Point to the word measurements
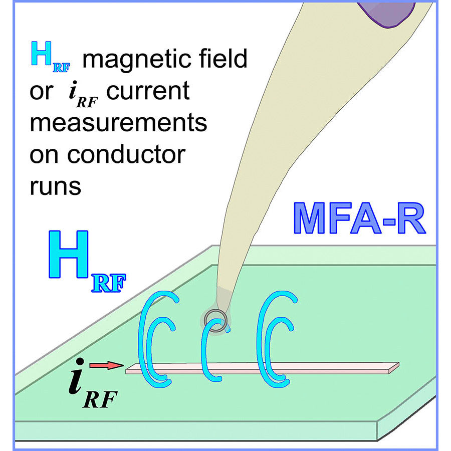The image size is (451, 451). [x=118, y=123]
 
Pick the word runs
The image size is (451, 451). [x=55, y=186]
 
